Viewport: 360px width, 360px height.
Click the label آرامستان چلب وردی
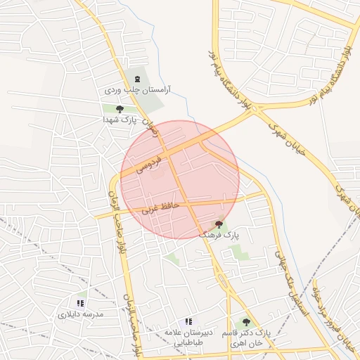tap(138, 90)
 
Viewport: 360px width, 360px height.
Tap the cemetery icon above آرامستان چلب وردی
tap(137, 78)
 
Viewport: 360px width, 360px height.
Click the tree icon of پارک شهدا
tap(120, 109)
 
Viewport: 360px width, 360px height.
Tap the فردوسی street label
tap(148, 165)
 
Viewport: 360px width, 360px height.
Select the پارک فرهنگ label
tap(219, 233)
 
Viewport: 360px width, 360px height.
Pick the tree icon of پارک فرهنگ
tap(219, 224)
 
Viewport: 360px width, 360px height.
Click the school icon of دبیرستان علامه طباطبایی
tap(188, 321)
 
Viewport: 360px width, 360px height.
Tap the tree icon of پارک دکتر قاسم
tap(245, 321)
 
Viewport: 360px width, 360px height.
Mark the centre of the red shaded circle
tap(180, 179)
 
